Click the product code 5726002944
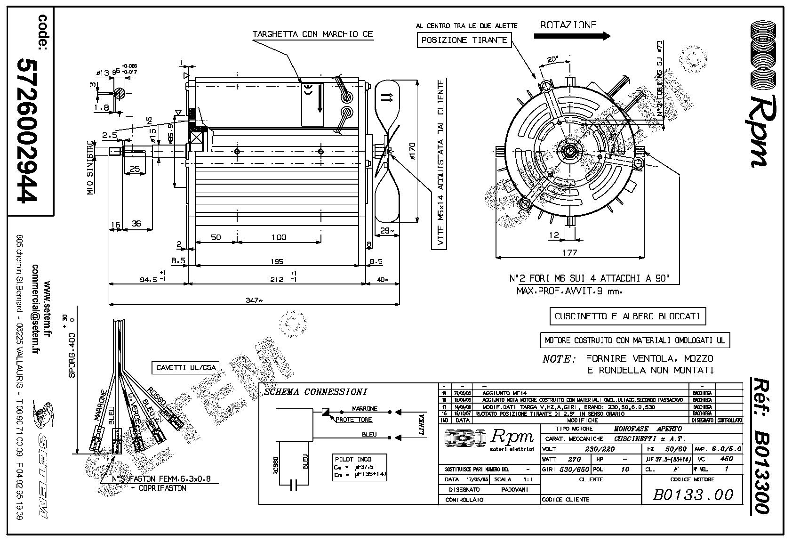27,130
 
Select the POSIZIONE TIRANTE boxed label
464,41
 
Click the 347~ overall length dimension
254,300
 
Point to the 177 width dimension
569,252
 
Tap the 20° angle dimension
552,60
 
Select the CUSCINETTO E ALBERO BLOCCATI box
628,316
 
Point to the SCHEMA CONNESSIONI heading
316,392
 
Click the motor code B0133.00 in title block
693,494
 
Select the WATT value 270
574,459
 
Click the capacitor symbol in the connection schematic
295,486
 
